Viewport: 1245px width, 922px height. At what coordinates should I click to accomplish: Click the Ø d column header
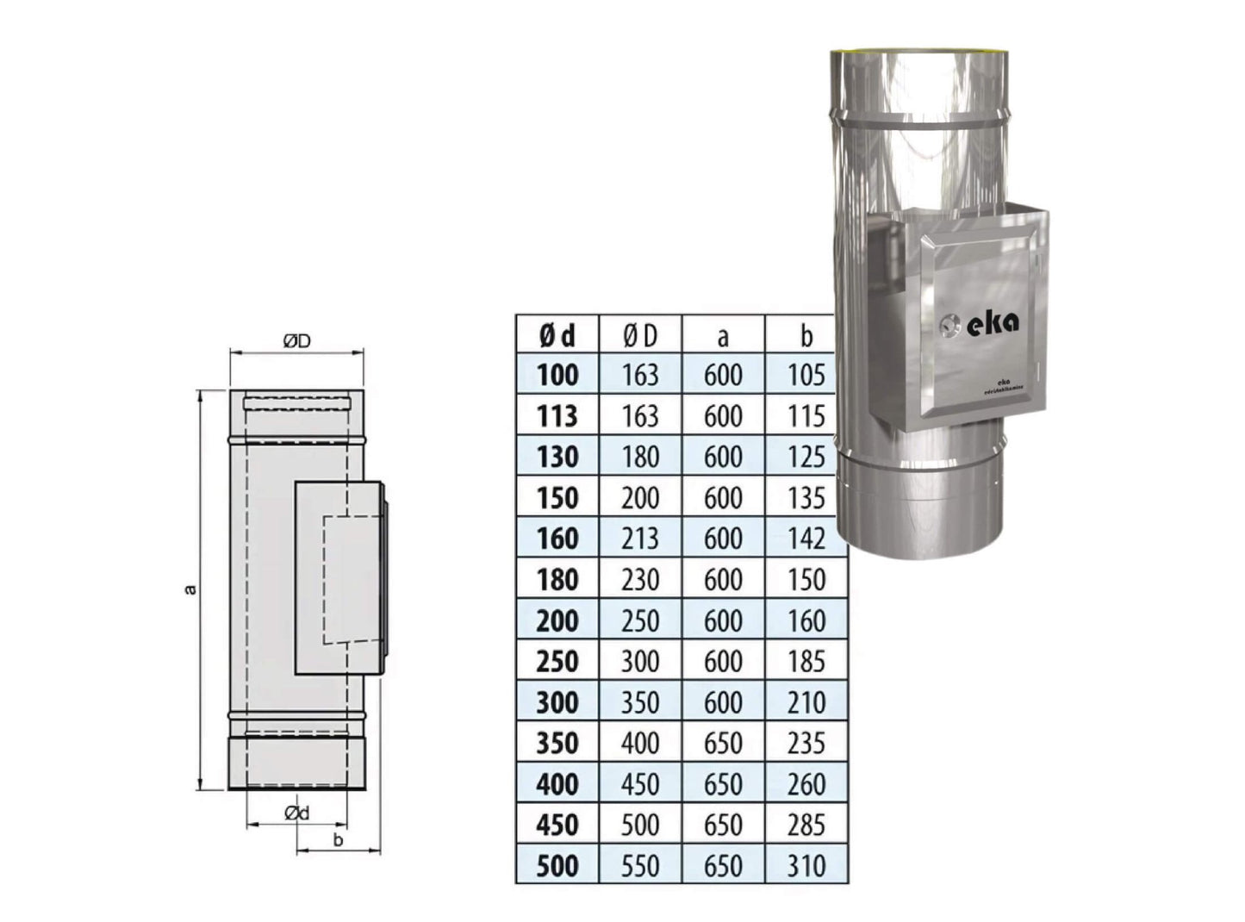557,335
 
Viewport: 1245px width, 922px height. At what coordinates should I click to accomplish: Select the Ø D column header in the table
639,335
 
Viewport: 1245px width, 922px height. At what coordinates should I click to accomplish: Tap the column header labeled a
722,335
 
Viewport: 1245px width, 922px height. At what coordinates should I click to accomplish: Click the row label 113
557,416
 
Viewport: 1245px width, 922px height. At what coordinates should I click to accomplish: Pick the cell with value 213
639,539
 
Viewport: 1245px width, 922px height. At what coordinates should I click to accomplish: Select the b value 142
806,539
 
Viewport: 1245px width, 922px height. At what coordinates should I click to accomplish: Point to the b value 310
806,865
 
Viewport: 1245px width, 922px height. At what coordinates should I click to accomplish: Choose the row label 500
557,865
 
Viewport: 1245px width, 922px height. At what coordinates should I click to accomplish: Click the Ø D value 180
639,457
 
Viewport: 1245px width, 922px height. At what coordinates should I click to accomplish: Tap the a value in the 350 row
722,743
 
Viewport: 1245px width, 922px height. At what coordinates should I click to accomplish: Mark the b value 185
806,661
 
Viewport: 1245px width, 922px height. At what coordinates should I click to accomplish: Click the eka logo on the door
992,321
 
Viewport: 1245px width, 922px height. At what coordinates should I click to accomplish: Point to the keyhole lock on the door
948,327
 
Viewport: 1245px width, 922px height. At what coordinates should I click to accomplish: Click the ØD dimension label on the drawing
296,342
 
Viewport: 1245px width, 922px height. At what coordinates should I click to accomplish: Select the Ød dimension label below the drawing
296,813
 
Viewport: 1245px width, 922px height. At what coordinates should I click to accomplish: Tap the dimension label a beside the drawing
190,590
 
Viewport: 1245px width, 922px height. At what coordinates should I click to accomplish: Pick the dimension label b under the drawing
338,839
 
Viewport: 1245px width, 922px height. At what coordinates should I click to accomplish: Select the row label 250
557,661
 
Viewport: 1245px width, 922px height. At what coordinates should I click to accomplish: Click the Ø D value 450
639,784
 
